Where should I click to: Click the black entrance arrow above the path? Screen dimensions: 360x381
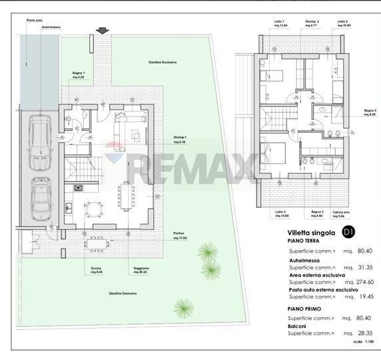pos(102,31)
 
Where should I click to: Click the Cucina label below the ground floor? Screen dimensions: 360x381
pos(96,269)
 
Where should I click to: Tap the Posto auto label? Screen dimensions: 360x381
pos(34,21)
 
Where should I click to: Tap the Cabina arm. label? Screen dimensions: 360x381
pos(342,214)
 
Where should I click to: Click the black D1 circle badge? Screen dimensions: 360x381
pos(347,232)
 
